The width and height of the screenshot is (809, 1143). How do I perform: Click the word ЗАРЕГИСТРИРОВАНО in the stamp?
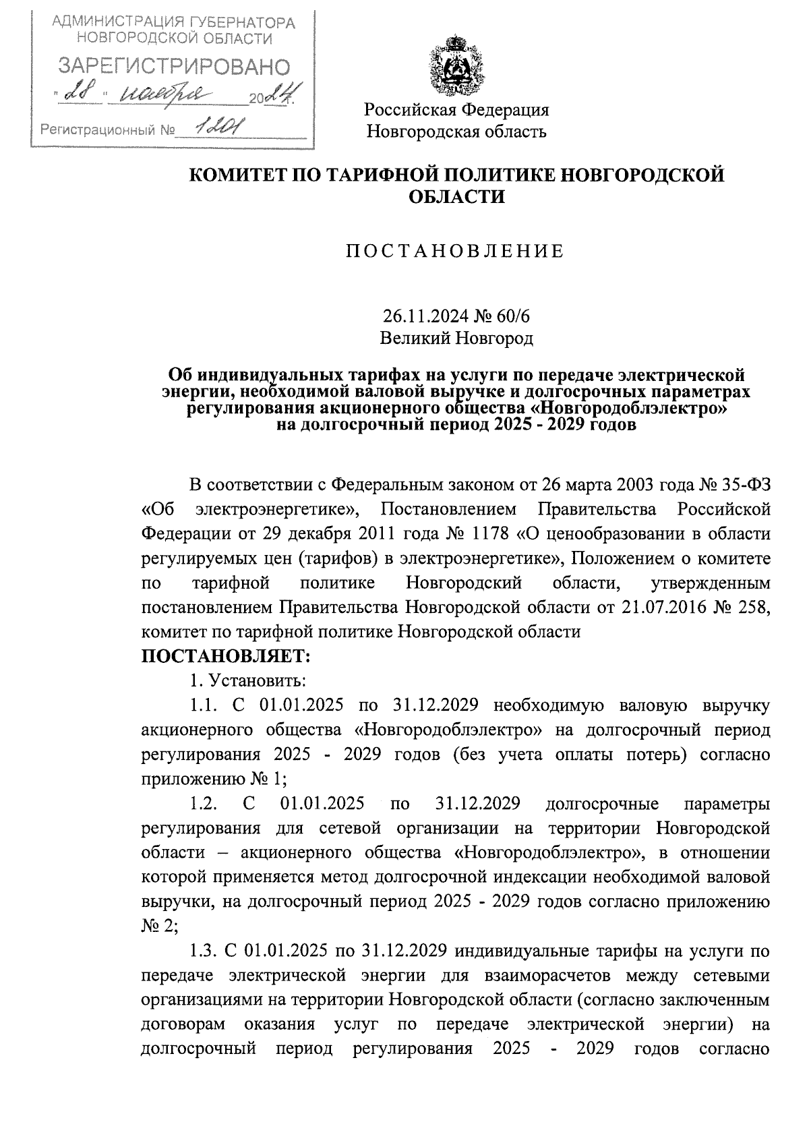[x=175, y=67]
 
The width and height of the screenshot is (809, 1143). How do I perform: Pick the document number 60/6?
[x=515, y=316]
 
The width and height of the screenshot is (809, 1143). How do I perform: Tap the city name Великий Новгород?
[x=456, y=337]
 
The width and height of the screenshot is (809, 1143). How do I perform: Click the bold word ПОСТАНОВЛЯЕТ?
[x=226, y=655]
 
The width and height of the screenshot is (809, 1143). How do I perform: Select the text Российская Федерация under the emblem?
[x=456, y=109]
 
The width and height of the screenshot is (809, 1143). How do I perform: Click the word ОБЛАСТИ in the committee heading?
[x=457, y=197]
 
